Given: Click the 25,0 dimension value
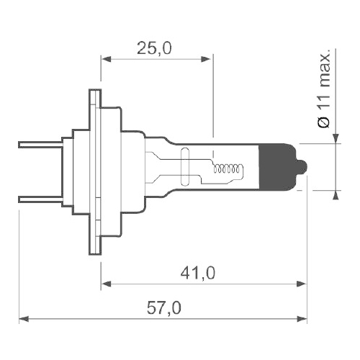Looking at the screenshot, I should click(x=154, y=48).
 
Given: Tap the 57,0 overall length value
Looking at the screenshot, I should click(x=165, y=308).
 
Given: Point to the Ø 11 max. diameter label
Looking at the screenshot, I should click(x=324, y=89).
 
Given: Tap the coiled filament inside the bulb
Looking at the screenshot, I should click(x=229, y=170).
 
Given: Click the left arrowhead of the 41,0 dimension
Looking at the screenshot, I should click(x=106, y=284).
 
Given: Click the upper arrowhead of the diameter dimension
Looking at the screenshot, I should click(x=336, y=138).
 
